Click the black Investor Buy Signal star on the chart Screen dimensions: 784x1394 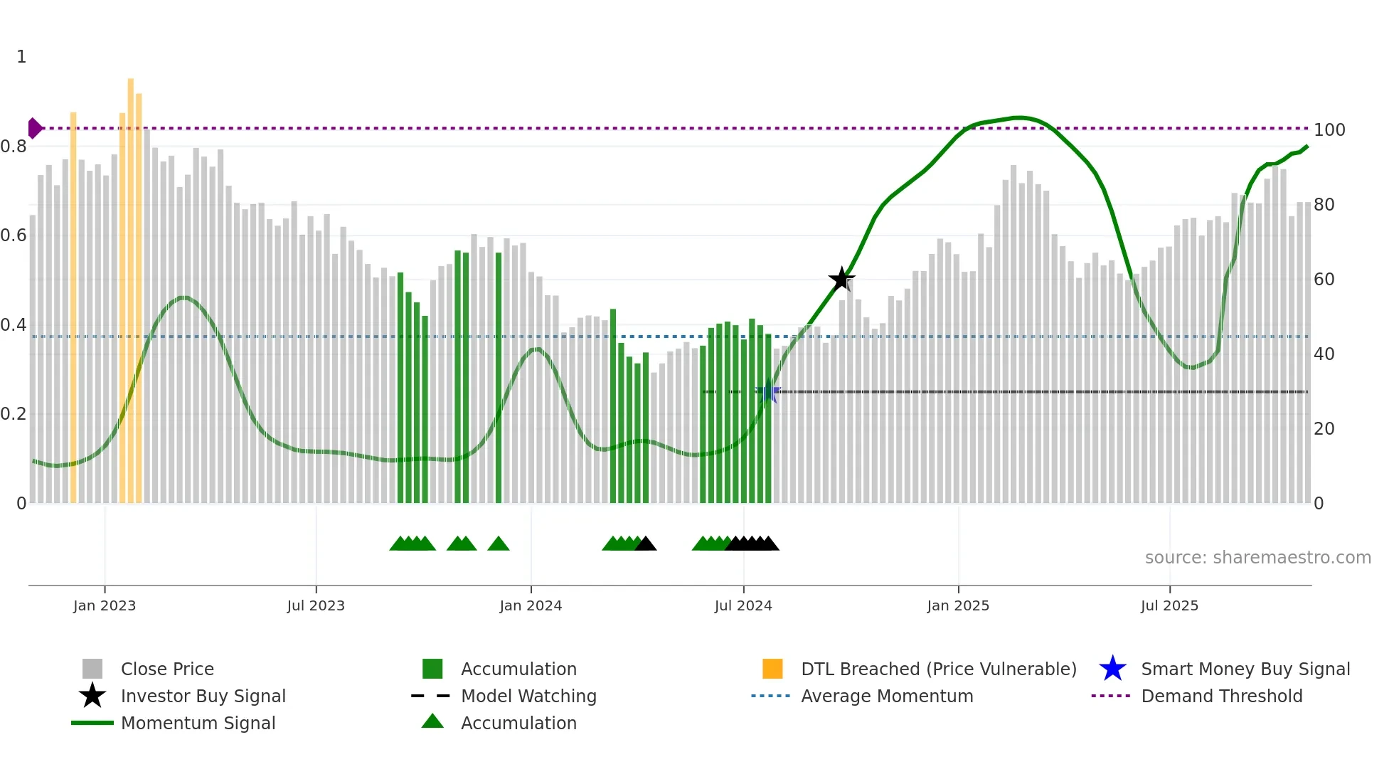pos(841,279)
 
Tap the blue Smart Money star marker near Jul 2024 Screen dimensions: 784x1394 pos(768,392)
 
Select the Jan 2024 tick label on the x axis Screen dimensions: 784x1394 pos(531,605)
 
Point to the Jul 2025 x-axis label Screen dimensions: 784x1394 pos(1169,605)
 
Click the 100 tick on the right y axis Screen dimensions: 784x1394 pos(1329,130)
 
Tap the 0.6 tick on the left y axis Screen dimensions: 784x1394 pos(14,235)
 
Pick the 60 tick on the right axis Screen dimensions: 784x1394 pos(1324,280)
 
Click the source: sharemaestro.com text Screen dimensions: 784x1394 pos(1257,558)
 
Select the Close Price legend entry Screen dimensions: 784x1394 pos(167,669)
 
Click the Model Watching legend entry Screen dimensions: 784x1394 pos(528,696)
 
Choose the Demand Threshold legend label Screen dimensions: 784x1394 pos(1221,696)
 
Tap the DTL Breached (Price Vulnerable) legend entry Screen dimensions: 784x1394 pos(938,669)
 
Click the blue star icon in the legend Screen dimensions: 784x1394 pos(1112,669)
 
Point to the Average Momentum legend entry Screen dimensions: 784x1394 pos(886,696)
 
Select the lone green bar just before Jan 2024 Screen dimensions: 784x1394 pos(499,377)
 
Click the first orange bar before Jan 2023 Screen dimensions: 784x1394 pos(73,306)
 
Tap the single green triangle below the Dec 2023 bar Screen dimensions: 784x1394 pos(499,544)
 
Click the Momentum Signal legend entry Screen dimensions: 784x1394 pos(198,724)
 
